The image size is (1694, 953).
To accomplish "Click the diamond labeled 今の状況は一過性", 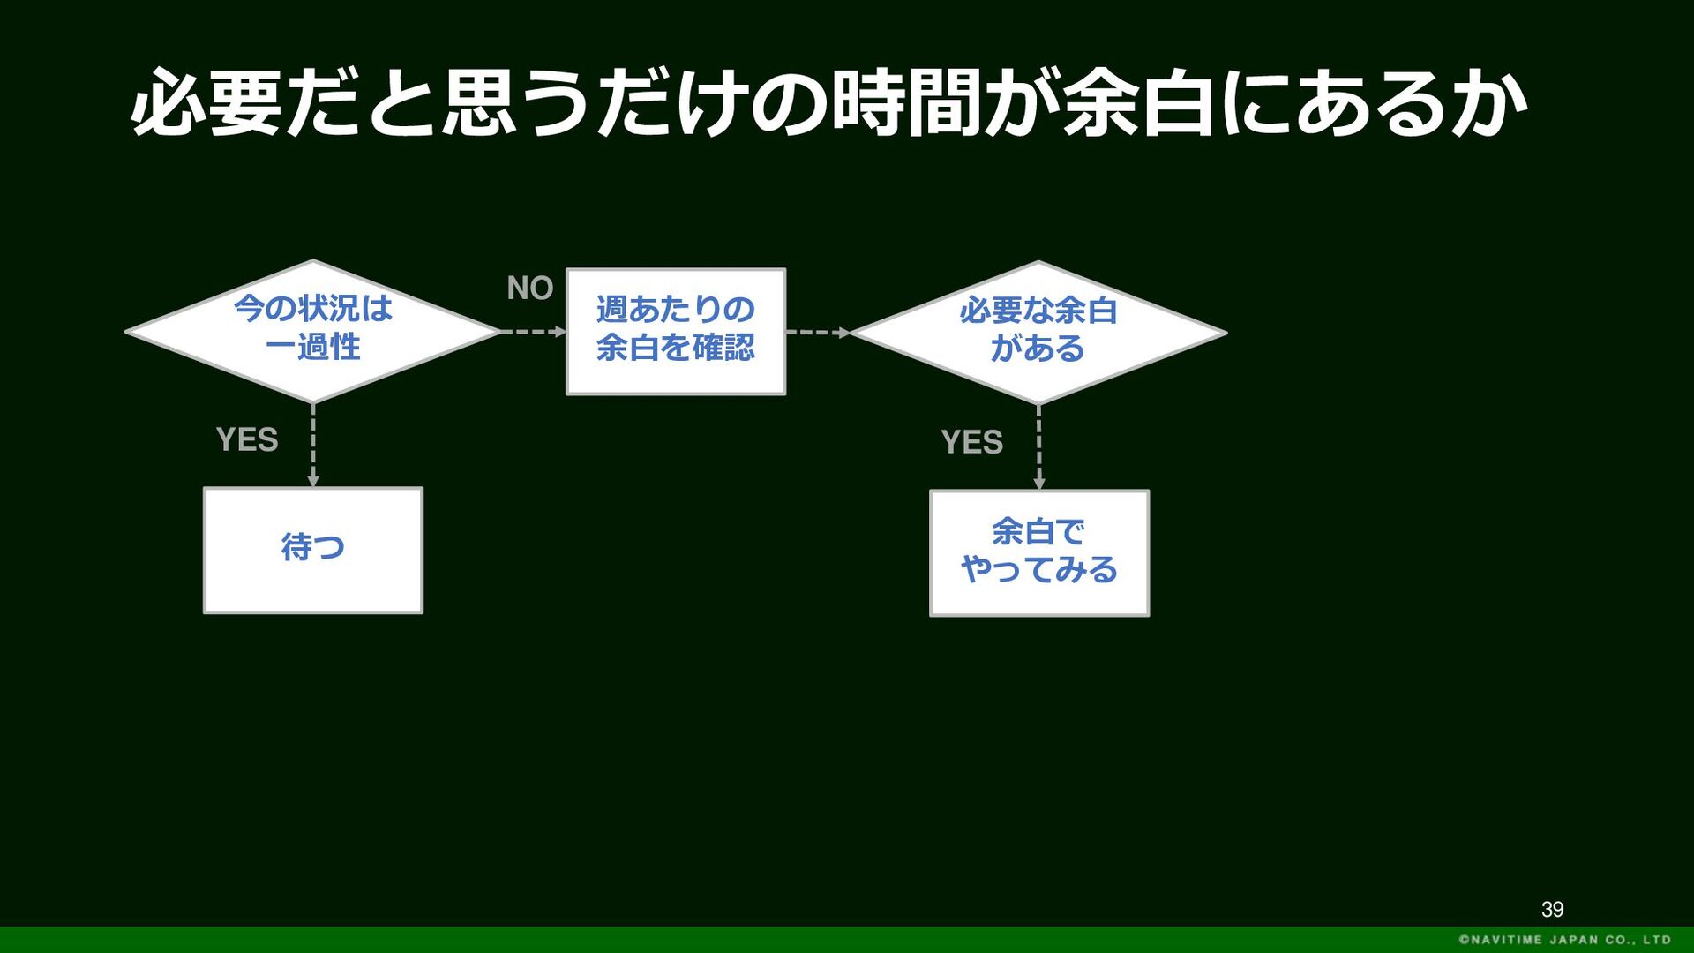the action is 313,332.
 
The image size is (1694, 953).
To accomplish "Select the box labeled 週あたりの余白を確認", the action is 676,332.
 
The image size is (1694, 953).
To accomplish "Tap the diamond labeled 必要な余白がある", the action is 1038,333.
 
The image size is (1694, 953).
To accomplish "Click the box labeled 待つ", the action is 313,550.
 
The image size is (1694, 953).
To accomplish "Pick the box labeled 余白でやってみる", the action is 1039,553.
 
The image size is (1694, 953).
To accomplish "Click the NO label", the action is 529,288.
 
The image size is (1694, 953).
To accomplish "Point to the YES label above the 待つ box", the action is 247,439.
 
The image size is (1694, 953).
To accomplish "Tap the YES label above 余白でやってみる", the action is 972,442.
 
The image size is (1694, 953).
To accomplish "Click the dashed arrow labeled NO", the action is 534,332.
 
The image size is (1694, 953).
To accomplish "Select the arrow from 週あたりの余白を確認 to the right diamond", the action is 818,333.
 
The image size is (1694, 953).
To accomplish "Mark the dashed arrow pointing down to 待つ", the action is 313,446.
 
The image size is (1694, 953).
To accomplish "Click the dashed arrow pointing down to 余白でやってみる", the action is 1038,448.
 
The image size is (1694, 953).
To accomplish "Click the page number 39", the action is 1553,910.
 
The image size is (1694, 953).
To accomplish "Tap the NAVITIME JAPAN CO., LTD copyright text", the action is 1565,940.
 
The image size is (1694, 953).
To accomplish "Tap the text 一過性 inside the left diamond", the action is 313,347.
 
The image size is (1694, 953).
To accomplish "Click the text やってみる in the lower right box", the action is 1039,570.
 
